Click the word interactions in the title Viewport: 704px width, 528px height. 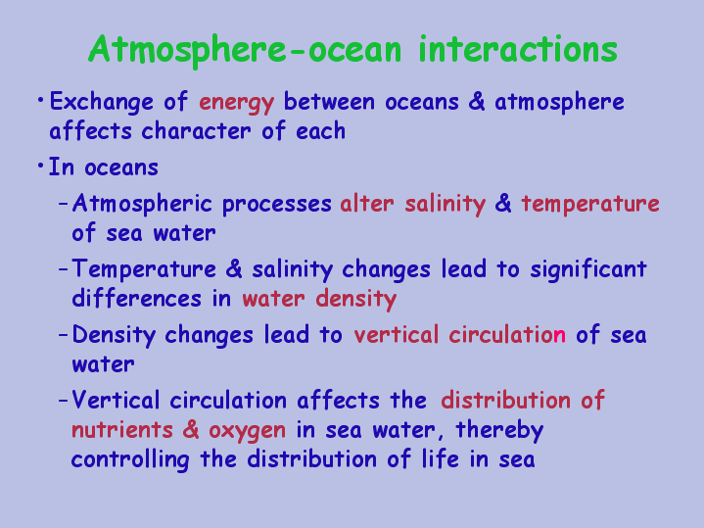[518, 49]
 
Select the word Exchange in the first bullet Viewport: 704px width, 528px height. [102, 103]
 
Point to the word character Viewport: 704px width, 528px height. [196, 131]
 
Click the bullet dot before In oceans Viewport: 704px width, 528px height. [40, 167]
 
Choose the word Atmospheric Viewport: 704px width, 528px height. [142, 205]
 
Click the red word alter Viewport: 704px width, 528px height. [367, 204]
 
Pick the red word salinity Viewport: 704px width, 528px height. [445, 205]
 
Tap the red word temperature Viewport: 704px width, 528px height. [590, 205]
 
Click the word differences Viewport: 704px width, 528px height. [136, 299]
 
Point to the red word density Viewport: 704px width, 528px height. [356, 300]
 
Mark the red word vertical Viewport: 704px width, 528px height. [396, 335]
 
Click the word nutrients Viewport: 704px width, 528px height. [122, 430]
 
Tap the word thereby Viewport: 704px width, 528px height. [499, 431]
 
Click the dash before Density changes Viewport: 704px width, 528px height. [64, 335]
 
